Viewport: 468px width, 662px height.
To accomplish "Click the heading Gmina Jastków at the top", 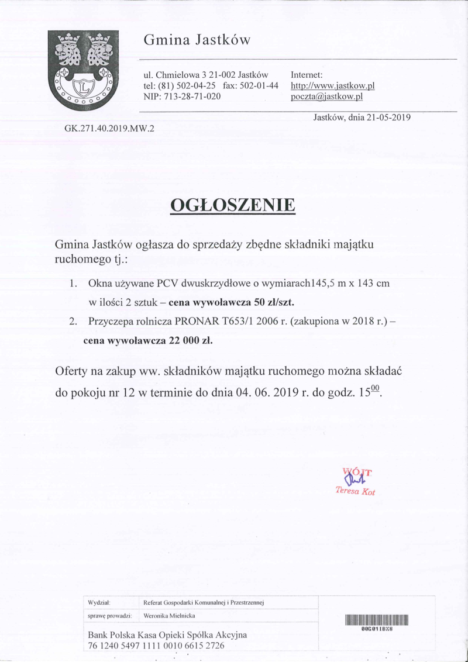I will [197, 40].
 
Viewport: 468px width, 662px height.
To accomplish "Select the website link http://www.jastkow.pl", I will [332, 86].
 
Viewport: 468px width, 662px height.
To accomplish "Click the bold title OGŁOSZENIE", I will [233, 206].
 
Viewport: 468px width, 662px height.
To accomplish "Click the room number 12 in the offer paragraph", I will [130, 392].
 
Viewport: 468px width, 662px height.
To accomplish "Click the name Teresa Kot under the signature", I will [355, 491].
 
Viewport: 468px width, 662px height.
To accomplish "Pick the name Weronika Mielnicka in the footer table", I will [169, 616].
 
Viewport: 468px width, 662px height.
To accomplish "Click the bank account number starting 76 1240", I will [156, 646].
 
